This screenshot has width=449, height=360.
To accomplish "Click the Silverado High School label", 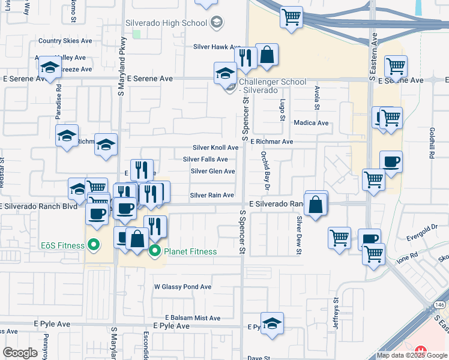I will pos(166,23).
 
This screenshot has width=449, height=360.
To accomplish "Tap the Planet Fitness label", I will pos(189,251).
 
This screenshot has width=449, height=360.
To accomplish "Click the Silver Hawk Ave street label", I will pos(217,47).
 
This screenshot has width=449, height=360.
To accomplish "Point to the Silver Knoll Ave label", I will pos(215,148).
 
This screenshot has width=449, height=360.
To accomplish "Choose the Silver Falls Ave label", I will pos(205,160).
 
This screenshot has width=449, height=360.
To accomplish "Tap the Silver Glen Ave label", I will pos(212,172).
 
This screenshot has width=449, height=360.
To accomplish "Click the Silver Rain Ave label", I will pos(212,196).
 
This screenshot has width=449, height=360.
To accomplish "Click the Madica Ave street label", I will pos(311,123).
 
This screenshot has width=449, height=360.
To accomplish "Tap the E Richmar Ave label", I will pos(272,142).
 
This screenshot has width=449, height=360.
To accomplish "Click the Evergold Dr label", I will pos(422,227).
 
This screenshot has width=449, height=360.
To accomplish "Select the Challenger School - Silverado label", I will pos(273,86).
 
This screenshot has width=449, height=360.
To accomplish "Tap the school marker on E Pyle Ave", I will pos(272,323).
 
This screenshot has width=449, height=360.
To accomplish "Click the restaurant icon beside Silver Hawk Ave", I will pos(245,56).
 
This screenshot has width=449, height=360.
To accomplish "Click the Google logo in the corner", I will pos(20,353).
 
